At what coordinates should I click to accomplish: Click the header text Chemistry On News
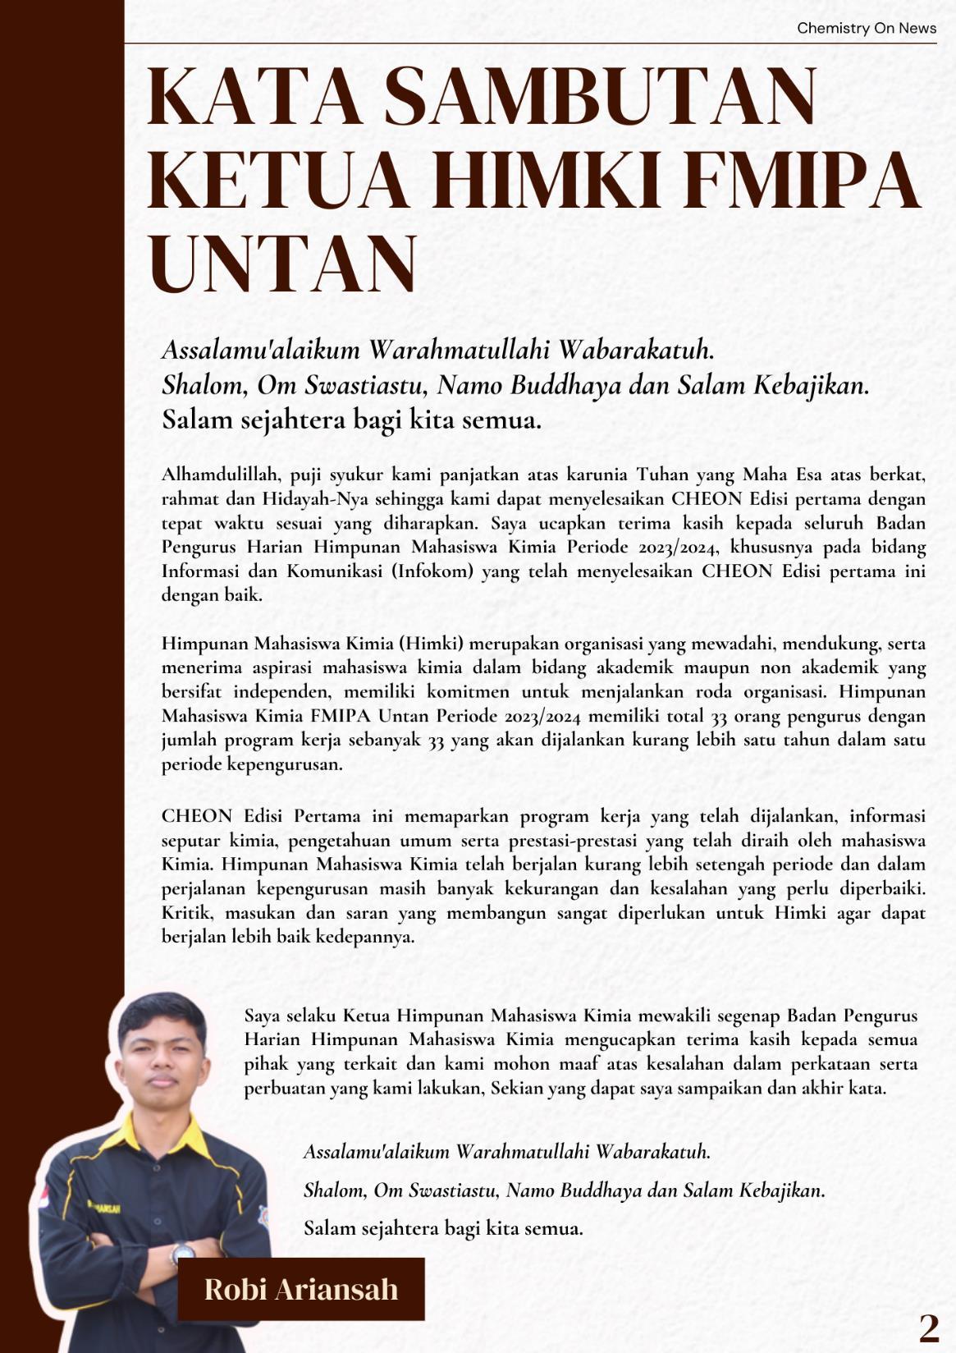click(x=866, y=29)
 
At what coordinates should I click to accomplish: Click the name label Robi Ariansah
click(x=301, y=1289)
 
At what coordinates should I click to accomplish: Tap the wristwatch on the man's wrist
click(x=181, y=1253)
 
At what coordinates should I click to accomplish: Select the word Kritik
click(x=185, y=913)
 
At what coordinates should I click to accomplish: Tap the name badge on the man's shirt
click(x=105, y=1208)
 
